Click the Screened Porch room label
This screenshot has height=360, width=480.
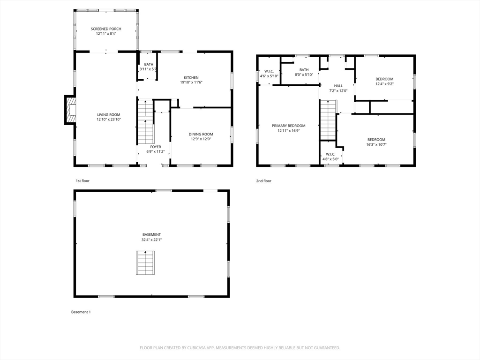[106, 29]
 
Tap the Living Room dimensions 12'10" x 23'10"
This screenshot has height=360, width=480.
[109, 120]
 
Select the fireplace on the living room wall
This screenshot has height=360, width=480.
[70, 110]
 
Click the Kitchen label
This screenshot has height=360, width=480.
[191, 77]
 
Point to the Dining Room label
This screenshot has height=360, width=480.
[201, 134]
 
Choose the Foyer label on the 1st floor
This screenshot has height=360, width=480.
[156, 147]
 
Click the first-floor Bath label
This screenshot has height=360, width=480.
[149, 64]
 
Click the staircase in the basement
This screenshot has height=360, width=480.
[145, 262]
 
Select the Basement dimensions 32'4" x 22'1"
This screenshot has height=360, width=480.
[151, 240]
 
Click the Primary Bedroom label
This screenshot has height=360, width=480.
[289, 126]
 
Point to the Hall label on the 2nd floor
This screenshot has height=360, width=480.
[338, 86]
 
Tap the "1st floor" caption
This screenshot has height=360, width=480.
[82, 181]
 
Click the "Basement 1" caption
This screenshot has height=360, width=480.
[81, 312]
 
